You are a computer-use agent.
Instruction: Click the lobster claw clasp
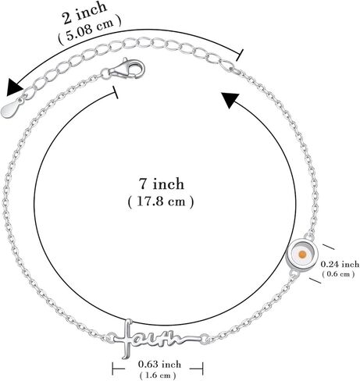pyautogui.click(x=127, y=69)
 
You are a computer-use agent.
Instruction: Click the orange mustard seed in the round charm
pyautogui.click(x=302, y=255)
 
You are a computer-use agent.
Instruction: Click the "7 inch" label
pyautogui.click(x=162, y=183)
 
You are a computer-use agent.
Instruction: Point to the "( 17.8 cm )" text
pyautogui.click(x=161, y=201)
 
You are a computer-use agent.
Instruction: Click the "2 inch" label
pyautogui.click(x=84, y=13)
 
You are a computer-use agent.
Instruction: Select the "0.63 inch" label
pyautogui.click(x=159, y=364)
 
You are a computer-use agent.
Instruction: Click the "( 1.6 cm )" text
pyautogui.click(x=158, y=375)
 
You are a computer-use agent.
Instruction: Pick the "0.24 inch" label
pyautogui.click(x=340, y=264)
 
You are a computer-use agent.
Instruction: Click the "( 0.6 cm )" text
pyautogui.click(x=338, y=274)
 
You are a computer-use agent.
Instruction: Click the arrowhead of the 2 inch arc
pyautogui.click(x=14, y=87)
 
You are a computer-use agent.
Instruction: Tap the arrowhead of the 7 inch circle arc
pyautogui.click(x=230, y=100)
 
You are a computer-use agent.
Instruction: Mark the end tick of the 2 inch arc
pyautogui.click(x=240, y=55)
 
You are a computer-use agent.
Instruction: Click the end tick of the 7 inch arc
pyautogui.click(x=116, y=92)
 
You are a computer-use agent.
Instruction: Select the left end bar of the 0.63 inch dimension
pyautogui.click(x=112, y=369)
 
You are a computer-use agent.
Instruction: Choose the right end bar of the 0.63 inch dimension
pyautogui.click(x=202, y=369)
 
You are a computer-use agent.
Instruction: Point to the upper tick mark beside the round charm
pyautogui.click(x=328, y=247)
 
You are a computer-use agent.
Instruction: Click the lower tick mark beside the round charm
pyautogui.click(x=315, y=280)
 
